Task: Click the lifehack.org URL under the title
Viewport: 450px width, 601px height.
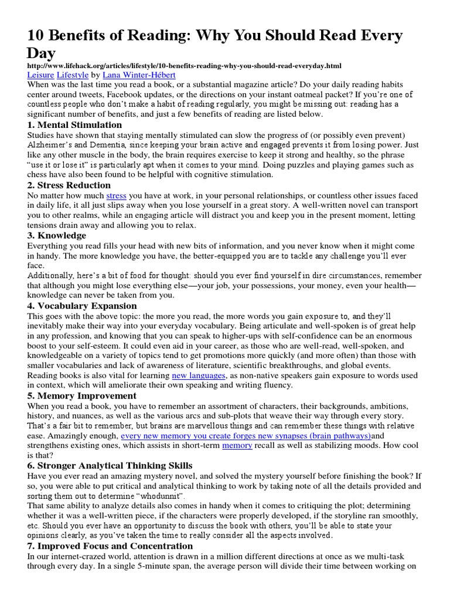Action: coord(185,66)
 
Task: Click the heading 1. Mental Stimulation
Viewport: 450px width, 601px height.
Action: coord(75,124)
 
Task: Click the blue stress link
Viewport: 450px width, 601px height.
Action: coord(116,195)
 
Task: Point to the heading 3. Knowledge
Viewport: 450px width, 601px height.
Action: coord(57,235)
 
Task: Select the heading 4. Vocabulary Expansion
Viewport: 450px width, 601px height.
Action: coord(82,306)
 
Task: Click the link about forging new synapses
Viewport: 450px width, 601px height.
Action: coord(246,436)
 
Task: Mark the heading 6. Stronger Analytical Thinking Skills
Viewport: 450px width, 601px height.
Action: coord(110,465)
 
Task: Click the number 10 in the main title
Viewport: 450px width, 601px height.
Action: coord(38,36)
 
